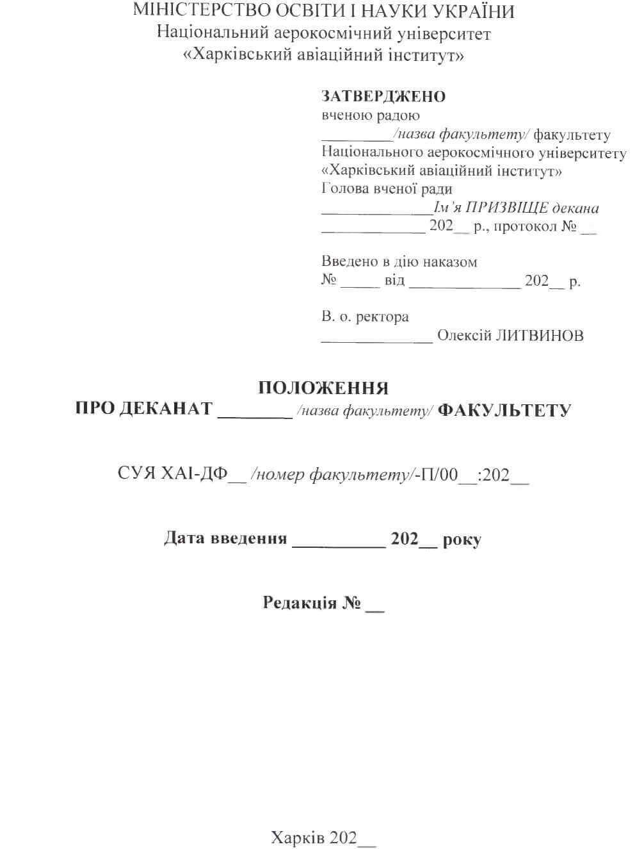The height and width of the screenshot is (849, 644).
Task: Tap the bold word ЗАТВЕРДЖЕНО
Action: click(383, 97)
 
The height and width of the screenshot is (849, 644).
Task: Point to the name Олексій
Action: click(464, 336)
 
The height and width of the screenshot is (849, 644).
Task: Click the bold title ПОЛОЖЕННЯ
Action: click(323, 388)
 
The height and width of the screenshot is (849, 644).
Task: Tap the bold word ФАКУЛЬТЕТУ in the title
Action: click(504, 410)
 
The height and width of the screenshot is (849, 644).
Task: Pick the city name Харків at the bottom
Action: click(298, 837)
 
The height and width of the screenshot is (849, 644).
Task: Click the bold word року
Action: click(462, 540)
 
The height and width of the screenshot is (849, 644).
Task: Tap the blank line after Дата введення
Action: click(339, 545)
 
